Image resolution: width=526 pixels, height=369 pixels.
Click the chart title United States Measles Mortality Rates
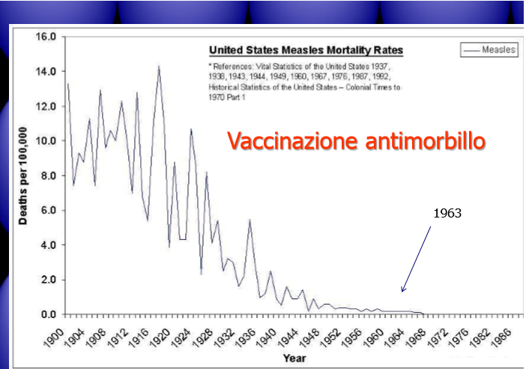[306, 50]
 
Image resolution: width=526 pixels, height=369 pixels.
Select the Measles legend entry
[489, 50]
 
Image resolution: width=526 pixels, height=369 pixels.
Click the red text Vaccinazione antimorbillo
[356, 141]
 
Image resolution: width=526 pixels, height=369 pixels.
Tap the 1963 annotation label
[447, 213]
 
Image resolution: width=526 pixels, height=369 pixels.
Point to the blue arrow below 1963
[416, 259]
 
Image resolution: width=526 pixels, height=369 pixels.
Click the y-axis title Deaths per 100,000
[22, 176]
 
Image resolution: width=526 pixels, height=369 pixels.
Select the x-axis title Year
[294, 358]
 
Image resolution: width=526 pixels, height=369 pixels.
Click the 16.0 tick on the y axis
[46, 37]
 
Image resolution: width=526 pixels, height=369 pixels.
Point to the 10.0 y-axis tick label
[46, 141]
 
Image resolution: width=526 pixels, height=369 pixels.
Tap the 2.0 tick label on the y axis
[49, 280]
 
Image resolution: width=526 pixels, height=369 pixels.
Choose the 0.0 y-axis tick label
[49, 314]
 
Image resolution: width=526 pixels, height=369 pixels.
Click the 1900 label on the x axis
[54, 337]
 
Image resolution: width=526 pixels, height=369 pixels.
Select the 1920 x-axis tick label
[160, 337]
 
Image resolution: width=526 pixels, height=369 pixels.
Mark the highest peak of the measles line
[159, 66]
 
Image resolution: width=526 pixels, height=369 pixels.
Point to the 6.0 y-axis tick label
[49, 210]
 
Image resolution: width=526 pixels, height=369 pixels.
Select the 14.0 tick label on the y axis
[46, 71]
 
